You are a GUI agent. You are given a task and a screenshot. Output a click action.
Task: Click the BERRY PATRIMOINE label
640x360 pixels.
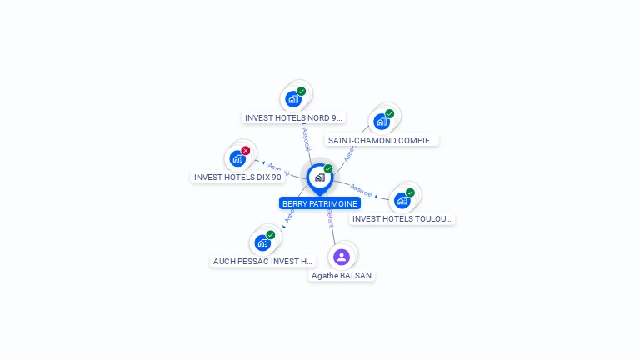[320, 203]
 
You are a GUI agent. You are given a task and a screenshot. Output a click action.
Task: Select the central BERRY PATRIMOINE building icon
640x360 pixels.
[319, 177]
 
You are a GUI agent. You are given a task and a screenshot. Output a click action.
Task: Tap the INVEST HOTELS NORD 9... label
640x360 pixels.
[293, 118]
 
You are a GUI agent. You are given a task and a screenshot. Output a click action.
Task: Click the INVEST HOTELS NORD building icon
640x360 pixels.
[292, 99]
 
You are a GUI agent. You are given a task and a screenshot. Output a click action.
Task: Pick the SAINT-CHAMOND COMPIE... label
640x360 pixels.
[382, 140]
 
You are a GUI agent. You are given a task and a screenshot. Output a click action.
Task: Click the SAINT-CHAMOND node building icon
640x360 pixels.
[382, 122]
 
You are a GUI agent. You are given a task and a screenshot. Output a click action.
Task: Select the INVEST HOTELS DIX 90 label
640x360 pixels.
[237, 177]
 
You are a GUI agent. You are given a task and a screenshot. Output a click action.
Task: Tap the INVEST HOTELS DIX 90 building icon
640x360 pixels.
[237, 158]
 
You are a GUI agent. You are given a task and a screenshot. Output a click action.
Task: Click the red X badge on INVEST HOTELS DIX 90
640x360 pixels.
[246, 151]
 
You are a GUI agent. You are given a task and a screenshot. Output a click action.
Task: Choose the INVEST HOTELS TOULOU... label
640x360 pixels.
[402, 218]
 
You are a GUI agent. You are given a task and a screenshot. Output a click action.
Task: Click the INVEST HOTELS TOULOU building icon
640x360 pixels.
[402, 200]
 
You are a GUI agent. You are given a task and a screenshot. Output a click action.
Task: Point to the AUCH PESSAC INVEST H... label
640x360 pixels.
[262, 261]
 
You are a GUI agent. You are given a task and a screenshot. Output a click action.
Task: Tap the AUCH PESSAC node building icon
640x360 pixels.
[262, 242]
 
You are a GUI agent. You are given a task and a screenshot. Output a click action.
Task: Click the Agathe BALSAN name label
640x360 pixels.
[342, 275]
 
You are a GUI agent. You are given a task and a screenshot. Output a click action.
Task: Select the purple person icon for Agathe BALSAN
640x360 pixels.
[342, 257]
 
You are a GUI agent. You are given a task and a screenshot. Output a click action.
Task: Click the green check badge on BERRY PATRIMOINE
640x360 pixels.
[328, 169]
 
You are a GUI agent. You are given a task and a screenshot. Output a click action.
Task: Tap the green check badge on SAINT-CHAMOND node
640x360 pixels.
[390, 113]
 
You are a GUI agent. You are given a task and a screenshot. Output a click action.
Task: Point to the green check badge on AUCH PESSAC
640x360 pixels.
[271, 235]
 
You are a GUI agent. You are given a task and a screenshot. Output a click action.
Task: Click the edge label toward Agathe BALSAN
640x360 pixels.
[330, 218]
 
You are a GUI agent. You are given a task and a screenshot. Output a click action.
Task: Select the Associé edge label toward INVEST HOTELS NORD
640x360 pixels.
[306, 138]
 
